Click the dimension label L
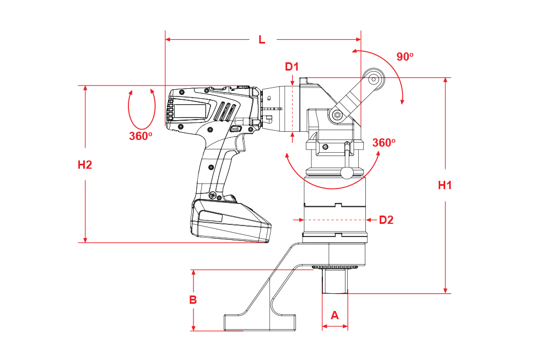(262, 40)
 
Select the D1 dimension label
(291, 67)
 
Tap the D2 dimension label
(386, 220)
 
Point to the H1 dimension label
(445, 185)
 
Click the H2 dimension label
(85, 165)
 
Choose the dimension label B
(193, 300)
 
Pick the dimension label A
(335, 315)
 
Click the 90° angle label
(404, 56)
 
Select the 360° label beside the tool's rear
(141, 136)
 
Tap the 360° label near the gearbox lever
(384, 142)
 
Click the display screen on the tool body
(190, 111)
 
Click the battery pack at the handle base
(231, 221)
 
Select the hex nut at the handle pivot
(337, 115)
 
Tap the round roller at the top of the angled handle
(374, 79)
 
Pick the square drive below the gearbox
(335, 281)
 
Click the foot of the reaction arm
(260, 323)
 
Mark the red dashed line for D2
(334, 220)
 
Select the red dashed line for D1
(292, 109)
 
